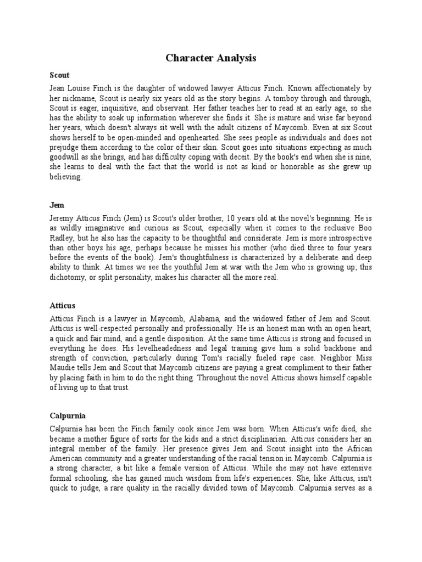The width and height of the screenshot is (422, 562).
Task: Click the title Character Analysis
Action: pos(211,58)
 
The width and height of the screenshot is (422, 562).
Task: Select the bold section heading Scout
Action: pos(59,74)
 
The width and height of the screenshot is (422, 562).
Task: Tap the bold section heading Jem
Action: pos(57,205)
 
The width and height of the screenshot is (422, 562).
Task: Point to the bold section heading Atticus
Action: pos(62,305)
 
